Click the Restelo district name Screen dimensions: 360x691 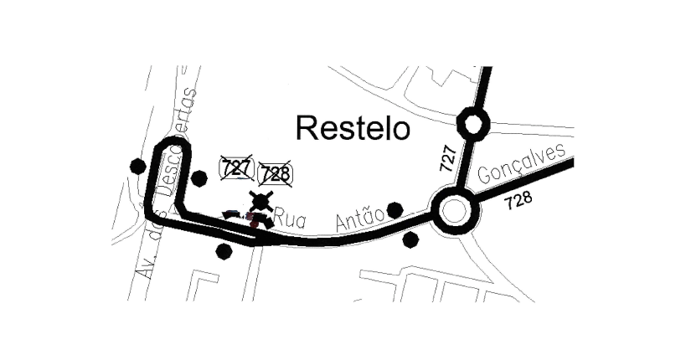click(353, 128)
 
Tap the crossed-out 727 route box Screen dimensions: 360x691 click(236, 167)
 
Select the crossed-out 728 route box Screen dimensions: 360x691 click(275, 174)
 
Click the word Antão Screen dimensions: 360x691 click(359, 219)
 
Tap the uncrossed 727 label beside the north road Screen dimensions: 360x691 click(449, 158)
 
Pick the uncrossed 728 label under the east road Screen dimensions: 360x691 click(518, 202)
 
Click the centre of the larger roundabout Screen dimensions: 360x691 click(454, 209)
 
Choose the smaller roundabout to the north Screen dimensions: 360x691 click(472, 126)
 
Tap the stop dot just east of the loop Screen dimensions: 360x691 click(199, 177)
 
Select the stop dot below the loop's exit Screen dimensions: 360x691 click(224, 250)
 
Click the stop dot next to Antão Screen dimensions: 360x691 click(395, 209)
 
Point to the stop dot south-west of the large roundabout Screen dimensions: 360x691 click(410, 239)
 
